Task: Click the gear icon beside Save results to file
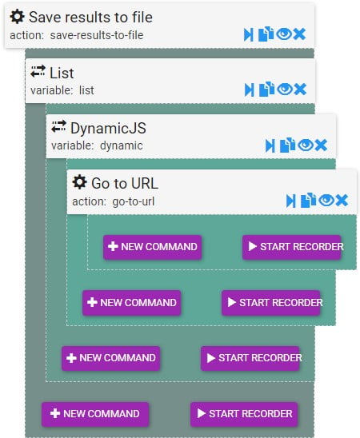17,17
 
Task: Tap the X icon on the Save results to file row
299,34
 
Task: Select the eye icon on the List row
285,90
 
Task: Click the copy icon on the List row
266,90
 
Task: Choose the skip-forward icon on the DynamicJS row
270,145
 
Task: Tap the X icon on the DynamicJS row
321,145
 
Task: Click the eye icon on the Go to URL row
326,201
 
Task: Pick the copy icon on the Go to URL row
308,201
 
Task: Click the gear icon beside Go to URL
79,182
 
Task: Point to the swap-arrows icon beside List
38,71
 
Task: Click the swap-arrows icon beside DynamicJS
58,126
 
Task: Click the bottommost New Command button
95,414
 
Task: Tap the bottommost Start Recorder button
244,414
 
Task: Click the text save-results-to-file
97,35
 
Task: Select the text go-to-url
134,201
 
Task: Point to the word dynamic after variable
122,145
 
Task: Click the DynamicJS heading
108,128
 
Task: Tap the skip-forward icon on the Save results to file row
249,34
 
